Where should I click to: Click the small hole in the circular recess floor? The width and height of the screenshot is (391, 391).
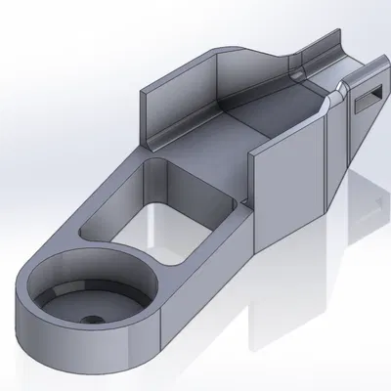coord(90,319)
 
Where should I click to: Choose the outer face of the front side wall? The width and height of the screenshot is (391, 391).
coord(288,181)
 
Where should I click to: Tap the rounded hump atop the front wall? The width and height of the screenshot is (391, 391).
coord(334,90)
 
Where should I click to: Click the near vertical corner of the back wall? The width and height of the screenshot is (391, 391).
coord(150,117)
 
